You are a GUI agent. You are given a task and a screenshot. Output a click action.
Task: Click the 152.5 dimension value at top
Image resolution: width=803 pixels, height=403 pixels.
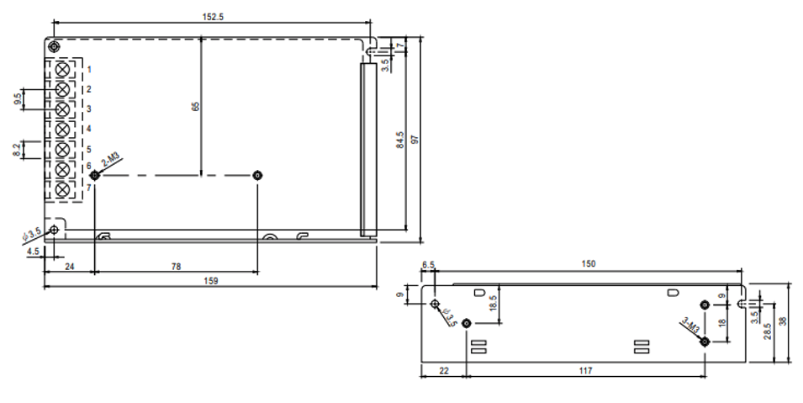tap(213, 17)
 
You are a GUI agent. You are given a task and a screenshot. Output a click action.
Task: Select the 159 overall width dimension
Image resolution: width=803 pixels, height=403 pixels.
tap(210, 280)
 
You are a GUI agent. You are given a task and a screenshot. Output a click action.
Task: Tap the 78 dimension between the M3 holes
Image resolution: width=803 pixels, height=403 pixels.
tap(176, 267)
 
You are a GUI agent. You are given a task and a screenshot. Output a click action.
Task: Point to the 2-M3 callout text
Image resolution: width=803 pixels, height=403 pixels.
tap(110, 161)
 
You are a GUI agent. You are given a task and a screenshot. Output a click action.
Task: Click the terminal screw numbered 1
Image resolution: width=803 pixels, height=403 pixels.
tap(62, 69)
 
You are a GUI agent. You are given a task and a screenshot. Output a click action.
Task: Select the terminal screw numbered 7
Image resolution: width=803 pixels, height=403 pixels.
tap(62, 189)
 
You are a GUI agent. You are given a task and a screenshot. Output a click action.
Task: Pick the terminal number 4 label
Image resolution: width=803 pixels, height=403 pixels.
tap(88, 129)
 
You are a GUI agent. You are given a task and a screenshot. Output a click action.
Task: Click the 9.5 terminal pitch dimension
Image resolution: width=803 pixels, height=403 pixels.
tap(18, 99)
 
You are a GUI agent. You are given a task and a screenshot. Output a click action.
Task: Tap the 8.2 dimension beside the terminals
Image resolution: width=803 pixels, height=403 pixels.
tap(17, 150)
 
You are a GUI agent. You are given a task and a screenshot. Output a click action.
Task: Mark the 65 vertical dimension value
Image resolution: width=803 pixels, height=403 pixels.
tap(195, 107)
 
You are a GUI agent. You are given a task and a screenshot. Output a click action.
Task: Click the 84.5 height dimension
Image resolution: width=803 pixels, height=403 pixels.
tap(400, 140)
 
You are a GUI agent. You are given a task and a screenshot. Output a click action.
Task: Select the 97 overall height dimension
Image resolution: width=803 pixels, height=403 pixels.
tap(415, 139)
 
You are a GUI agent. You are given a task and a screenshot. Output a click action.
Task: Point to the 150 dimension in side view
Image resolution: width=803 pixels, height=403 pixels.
tap(589, 263)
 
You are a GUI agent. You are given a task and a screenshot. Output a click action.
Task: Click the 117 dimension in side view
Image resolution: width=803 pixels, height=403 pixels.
tap(585, 370)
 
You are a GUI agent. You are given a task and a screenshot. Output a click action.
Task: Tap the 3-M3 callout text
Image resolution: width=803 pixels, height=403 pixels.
tap(690, 326)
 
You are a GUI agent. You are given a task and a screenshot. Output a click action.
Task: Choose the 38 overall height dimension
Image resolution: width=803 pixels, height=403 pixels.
tap(782, 321)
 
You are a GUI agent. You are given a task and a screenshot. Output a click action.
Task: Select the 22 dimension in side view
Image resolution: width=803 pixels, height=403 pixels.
tap(443, 370)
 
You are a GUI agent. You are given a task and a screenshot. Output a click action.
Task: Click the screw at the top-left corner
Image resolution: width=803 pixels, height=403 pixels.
tap(54, 47)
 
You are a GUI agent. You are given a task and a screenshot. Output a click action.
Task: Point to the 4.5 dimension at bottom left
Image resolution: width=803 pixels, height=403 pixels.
tap(33, 252)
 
